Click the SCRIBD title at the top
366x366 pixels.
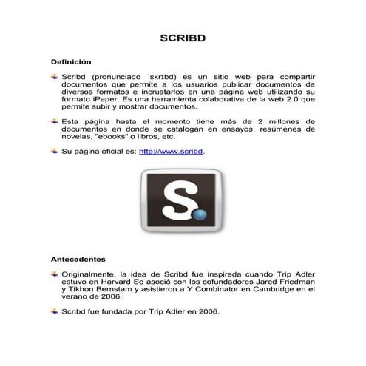[x=182, y=38]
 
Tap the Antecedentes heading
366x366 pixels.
[x=78, y=260]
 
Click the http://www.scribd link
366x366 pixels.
[x=171, y=152]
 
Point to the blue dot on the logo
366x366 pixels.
[x=200, y=215]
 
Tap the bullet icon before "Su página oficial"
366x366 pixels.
[x=54, y=151]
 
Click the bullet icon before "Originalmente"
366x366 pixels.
[x=54, y=273]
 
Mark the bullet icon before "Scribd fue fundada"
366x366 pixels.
[x=54, y=311]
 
